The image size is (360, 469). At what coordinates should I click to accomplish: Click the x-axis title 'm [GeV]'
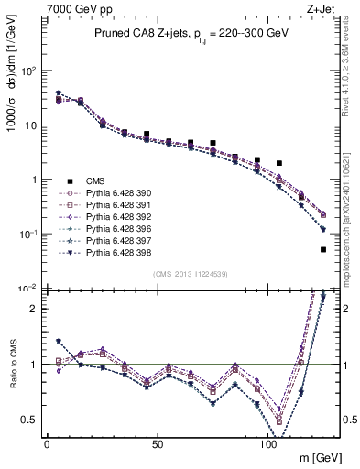coord(316,457)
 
